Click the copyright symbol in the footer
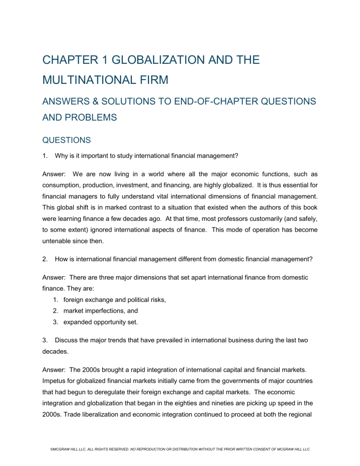coord(38,453)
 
